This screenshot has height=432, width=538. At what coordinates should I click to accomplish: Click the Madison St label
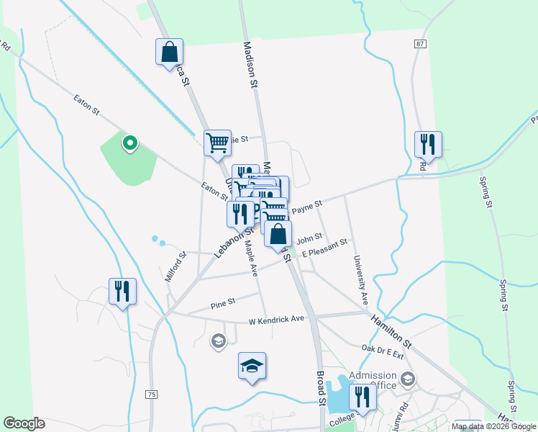pos(250,64)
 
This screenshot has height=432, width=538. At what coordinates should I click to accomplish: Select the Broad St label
pos(322,390)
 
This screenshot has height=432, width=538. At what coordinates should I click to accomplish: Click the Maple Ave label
pos(251,257)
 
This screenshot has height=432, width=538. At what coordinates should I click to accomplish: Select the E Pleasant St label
pos(324,248)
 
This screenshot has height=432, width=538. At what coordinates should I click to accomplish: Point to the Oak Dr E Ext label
pos(383,351)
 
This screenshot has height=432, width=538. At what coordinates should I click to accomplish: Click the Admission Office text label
pos(373,380)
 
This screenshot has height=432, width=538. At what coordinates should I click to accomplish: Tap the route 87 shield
pos(420,44)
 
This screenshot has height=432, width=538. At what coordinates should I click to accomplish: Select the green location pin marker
pos(129,143)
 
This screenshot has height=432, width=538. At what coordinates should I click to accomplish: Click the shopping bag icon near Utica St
pos(169,52)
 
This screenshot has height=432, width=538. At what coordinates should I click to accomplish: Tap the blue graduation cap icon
pos(252,366)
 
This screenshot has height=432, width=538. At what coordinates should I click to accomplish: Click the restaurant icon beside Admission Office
pos(363,397)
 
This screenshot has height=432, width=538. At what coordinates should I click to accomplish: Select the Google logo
pos(24,423)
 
